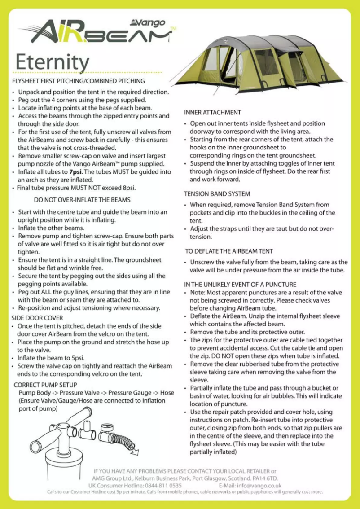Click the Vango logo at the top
pyautogui.click(x=148, y=22)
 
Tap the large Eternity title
pyautogui.click(x=52, y=62)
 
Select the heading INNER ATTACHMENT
pyautogui.click(x=213, y=112)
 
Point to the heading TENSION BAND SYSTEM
pyautogui.click(x=217, y=194)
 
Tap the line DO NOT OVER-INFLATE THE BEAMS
pyautogui.click(x=82, y=200)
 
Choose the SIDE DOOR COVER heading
pyautogui.click(x=37, y=318)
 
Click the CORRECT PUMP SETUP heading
pyautogui.click(x=45, y=385)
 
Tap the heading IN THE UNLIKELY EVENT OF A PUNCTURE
pyautogui.click(x=240, y=285)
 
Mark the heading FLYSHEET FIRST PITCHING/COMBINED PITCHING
pyautogui.click(x=79, y=81)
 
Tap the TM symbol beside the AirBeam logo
pyautogui.click(x=173, y=29)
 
